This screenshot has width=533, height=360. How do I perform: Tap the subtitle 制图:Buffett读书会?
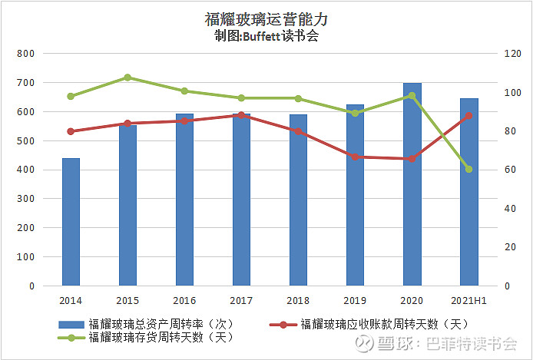pos(266,37)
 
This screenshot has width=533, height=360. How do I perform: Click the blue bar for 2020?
pos(412,184)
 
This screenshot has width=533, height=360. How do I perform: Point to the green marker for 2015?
pos(127,78)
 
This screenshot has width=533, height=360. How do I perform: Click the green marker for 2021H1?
pos(468,169)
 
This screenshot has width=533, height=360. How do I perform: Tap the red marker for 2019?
pos(355,157)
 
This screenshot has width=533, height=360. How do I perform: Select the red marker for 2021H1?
pos(468,116)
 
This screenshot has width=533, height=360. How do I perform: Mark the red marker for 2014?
pos(71,131)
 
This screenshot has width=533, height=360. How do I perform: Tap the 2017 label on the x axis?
pos(241,301)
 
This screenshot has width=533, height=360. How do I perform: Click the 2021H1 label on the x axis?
pos(468,301)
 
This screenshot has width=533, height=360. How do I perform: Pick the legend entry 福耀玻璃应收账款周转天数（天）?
pos(384,323)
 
